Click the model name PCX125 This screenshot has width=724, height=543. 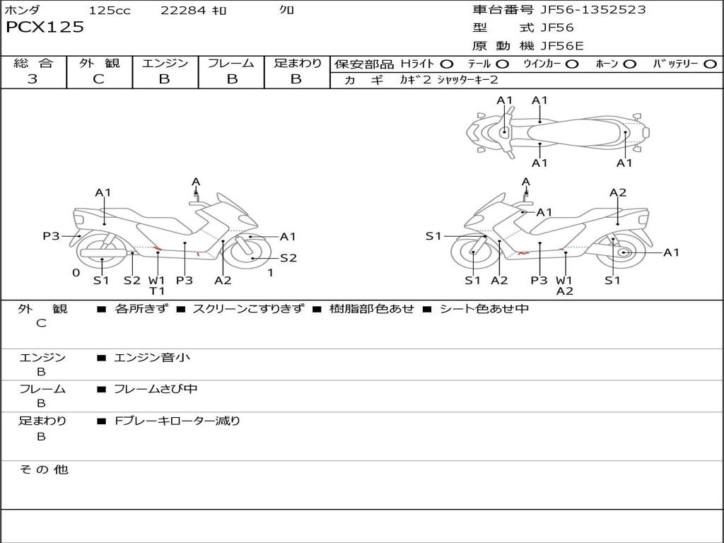coord(45,28)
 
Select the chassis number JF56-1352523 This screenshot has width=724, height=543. coord(592,10)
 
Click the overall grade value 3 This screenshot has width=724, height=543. coord(33,79)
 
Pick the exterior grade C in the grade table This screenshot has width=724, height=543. coord(98,79)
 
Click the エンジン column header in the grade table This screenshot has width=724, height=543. coord(165,63)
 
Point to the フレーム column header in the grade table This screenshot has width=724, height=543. coord(231,63)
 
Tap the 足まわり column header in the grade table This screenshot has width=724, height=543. coord(297,63)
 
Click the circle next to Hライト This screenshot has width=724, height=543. coord(446,64)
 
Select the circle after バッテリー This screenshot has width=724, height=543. coord(710,64)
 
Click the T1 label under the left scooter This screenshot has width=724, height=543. coord(157,291)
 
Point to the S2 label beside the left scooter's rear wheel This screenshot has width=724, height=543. coord(288,258)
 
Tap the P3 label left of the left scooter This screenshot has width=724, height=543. coord(51,236)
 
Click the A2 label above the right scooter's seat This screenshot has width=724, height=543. coord(618,192)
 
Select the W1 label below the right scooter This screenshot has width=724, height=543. coord(564,280)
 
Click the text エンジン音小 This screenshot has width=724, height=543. coord(152,358)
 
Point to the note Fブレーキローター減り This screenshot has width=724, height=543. coord(177,421)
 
